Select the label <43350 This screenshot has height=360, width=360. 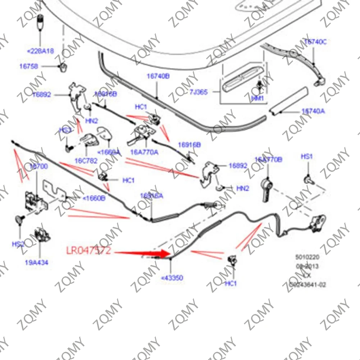point(172,278)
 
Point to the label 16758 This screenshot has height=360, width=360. point(28,66)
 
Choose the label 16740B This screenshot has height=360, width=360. point(158,76)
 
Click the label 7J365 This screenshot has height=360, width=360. point(198,92)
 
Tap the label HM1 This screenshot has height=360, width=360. point(257,98)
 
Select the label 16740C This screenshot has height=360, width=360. point(315,42)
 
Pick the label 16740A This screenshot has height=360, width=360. point(313,111)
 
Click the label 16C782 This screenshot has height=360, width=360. point(86,160)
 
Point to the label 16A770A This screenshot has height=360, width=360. point(144,152)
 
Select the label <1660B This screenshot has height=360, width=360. point(94,197)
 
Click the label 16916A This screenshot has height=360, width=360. point(151,196)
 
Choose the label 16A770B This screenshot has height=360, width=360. point(268,160)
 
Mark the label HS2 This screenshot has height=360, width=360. point(18,244)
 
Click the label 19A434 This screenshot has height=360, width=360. point(36,263)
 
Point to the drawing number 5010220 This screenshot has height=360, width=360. point(307,258)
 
